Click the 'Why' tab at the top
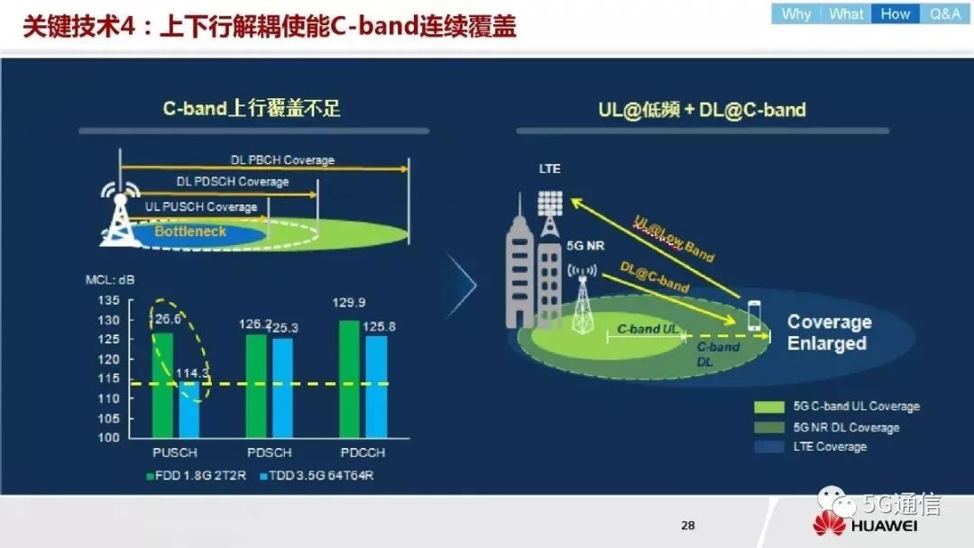coord(795,14)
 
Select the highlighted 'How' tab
coord(896,14)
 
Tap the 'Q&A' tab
coord(945,14)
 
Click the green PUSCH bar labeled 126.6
coord(162,386)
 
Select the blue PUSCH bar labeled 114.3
coord(189,409)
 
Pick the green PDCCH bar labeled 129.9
coord(349,379)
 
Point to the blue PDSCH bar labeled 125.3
coord(282,388)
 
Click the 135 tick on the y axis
coord(109,300)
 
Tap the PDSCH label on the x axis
coord(269,453)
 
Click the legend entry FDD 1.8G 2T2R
coord(197,476)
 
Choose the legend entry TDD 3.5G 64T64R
coord(317,476)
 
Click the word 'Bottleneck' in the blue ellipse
coord(190,232)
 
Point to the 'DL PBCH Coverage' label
coord(282,160)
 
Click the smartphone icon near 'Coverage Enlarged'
coord(754,315)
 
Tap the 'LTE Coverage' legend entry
coord(811,447)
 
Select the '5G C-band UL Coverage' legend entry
coord(837,406)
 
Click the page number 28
coord(687,525)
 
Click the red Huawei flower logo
coord(830,524)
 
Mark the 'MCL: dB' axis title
coord(110,280)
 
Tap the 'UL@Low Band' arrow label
coord(674,238)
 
